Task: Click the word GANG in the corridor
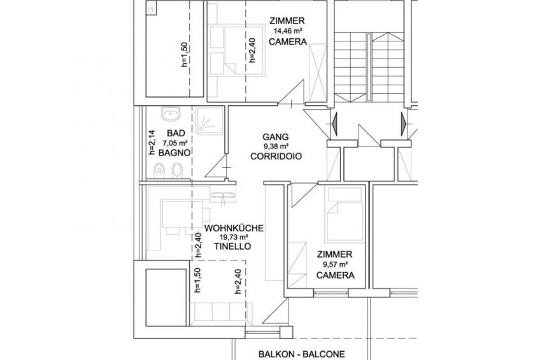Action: click(x=276, y=137)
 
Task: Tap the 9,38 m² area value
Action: click(x=276, y=147)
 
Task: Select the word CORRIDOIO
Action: click(x=276, y=156)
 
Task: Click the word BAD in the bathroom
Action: click(x=176, y=133)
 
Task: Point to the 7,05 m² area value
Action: click(x=175, y=143)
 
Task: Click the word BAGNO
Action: click(x=174, y=153)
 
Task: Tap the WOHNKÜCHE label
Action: click(x=234, y=228)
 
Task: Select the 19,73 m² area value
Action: click(x=234, y=238)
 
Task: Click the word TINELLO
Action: click(x=232, y=247)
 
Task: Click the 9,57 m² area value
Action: click(x=335, y=264)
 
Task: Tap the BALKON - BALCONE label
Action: click(x=302, y=354)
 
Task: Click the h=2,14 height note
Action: click(x=152, y=142)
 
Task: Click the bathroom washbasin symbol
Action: click(x=171, y=113)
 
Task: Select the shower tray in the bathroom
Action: click(x=210, y=120)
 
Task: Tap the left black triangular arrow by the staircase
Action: click(x=334, y=124)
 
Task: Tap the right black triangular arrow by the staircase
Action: click(x=403, y=124)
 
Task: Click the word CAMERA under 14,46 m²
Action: click(x=288, y=41)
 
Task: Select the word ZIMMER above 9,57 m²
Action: click(x=335, y=255)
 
